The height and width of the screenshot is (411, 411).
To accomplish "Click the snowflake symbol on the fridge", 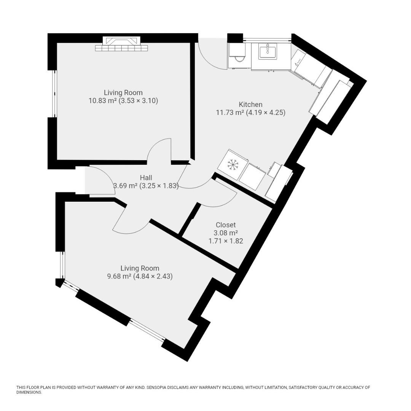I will click(x=232, y=164).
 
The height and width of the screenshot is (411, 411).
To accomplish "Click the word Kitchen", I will click(x=250, y=105).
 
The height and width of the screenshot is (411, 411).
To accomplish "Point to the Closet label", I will click(x=226, y=225).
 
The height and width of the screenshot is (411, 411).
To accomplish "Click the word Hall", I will click(x=146, y=178).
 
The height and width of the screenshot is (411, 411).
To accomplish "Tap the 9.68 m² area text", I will click(x=119, y=276).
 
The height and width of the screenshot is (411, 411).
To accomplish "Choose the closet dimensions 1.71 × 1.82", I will click(x=226, y=241).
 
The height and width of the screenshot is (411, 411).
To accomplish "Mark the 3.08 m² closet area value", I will click(x=226, y=233).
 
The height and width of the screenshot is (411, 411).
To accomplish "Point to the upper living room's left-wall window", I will click(x=54, y=94).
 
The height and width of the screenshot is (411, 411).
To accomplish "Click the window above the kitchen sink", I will click(x=267, y=39).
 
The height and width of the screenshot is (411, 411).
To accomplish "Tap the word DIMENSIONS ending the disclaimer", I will click(x=29, y=392).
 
